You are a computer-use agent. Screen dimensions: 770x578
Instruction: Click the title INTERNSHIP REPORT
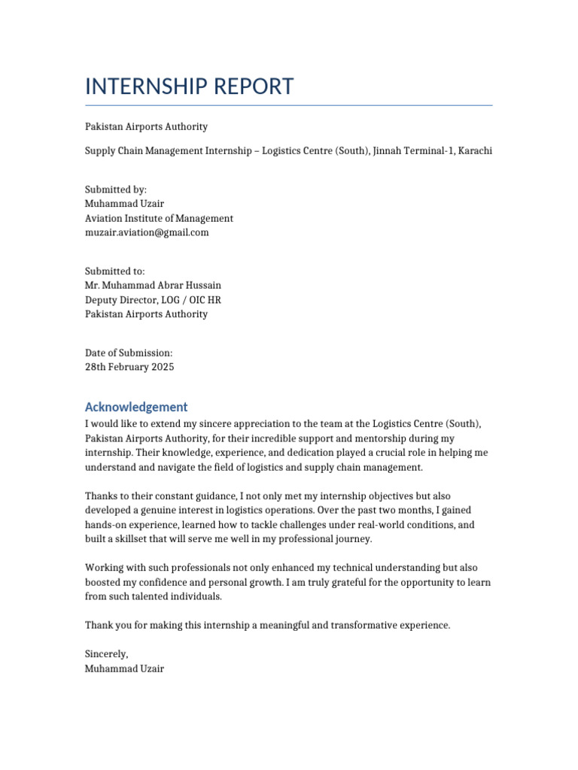click(189, 86)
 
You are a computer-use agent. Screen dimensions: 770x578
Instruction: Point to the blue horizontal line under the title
click(288, 105)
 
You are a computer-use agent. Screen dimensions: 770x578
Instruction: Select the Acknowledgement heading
click(136, 407)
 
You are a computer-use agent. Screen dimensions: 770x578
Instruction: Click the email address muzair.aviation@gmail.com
click(147, 232)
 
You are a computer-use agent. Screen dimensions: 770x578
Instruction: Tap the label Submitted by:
click(116, 190)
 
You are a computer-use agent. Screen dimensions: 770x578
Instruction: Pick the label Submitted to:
click(115, 271)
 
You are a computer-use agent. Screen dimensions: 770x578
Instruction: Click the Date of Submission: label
click(129, 353)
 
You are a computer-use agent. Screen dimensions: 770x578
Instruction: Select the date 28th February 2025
click(129, 367)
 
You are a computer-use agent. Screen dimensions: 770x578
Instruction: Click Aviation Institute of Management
click(159, 218)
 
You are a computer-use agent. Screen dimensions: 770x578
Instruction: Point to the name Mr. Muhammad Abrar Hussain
click(153, 286)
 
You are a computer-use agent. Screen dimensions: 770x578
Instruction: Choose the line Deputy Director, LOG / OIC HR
click(153, 300)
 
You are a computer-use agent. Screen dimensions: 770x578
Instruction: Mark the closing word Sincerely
click(106, 654)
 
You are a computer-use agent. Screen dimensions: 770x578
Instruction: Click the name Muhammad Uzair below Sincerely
click(124, 668)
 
